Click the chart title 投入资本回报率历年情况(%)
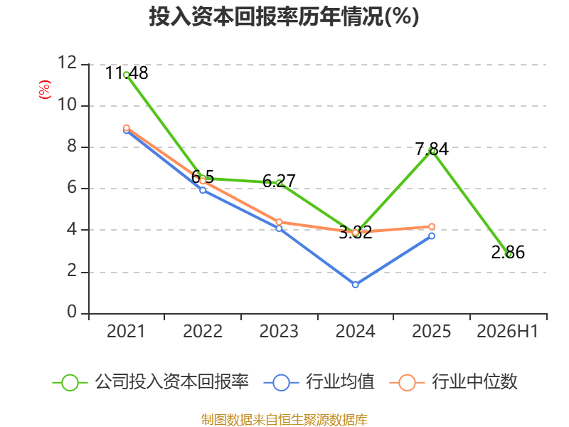pos(284,16)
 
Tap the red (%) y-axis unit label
pos(45,90)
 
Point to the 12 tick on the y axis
pos(68,63)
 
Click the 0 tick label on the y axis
pos(72,312)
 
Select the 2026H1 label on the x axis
pos(507,331)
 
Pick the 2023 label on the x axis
pos(279,331)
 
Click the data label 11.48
pos(127,73)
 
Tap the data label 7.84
pos(432,149)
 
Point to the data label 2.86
pos(508,253)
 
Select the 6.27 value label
pos(279,181)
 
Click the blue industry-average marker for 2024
pos(355,285)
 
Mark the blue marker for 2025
pos(432,236)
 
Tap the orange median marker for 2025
pos(432,226)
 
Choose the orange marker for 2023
pos(279,222)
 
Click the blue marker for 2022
pos(203,190)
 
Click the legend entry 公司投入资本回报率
pos(151,382)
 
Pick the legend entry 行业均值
pos(319,382)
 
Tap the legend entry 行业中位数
pos(453,382)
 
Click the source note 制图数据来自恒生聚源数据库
pos(284,420)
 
